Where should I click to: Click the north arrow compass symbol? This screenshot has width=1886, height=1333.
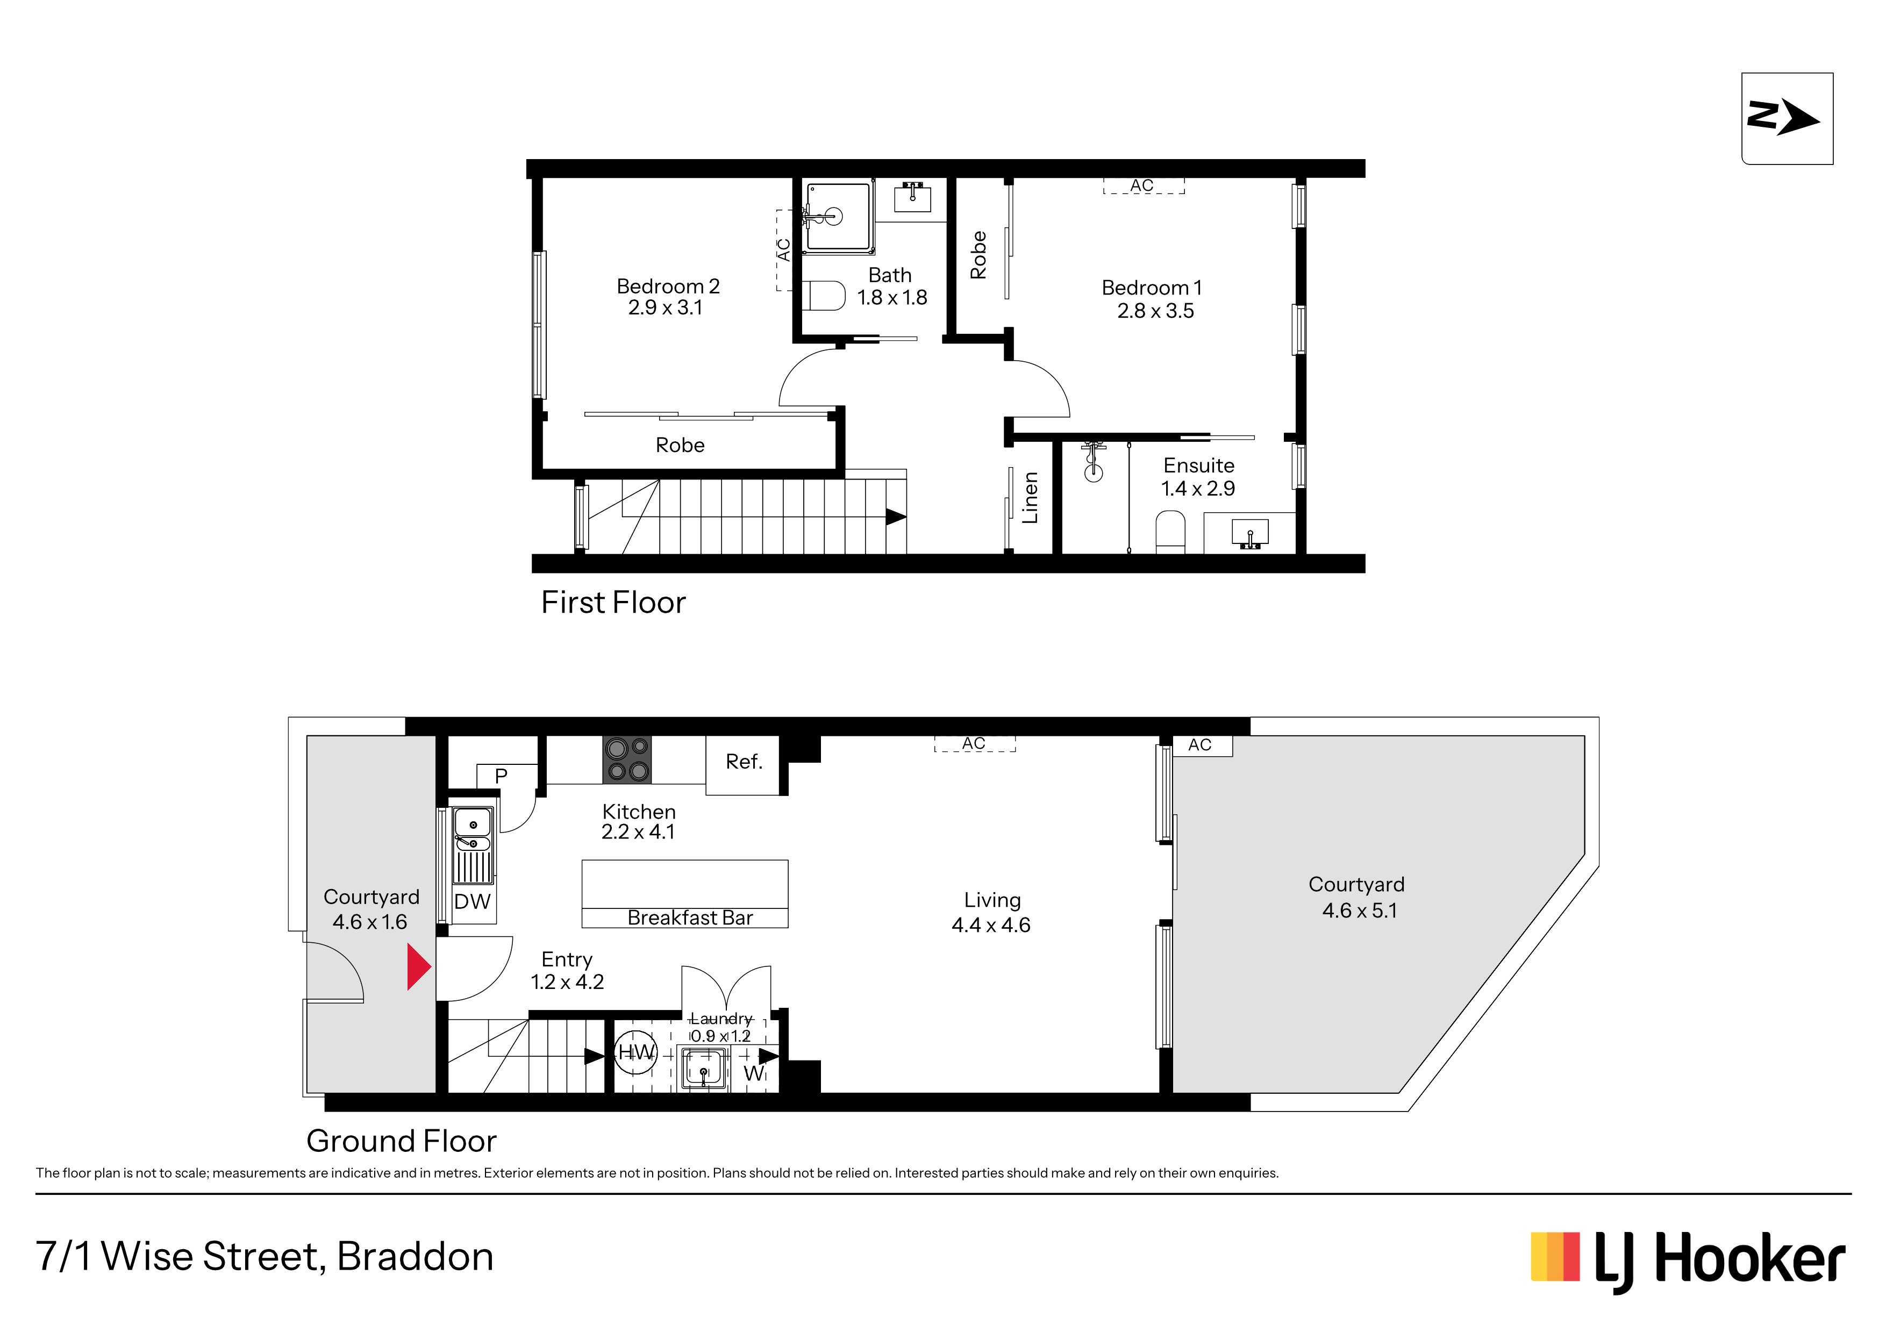1787,118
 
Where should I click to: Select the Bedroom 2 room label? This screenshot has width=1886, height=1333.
668,286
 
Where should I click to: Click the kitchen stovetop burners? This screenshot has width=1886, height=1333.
627,759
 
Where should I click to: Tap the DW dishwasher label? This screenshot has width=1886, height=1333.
473,902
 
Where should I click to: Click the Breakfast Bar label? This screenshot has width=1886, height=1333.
690,918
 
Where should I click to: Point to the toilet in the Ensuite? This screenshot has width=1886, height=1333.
1170,532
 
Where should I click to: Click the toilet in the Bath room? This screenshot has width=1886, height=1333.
824,296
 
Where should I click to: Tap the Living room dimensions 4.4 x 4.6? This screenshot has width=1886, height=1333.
991,925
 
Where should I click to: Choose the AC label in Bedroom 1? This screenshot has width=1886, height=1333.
1142,185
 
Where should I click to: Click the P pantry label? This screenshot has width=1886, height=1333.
501,775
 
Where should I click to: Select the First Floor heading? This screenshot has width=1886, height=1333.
613,602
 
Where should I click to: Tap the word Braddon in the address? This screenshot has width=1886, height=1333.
415,1257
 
